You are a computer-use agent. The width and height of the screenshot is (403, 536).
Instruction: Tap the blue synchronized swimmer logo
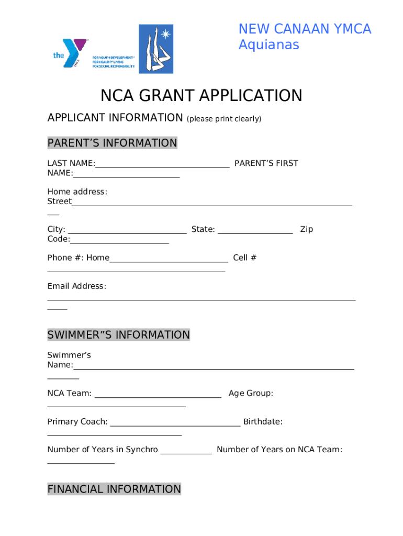[x=156, y=49]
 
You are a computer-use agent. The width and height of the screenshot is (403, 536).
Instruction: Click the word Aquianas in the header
[x=268, y=45]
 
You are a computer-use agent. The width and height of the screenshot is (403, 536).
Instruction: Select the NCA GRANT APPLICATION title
[x=201, y=96]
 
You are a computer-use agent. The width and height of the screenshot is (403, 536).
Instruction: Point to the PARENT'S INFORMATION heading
[x=113, y=143]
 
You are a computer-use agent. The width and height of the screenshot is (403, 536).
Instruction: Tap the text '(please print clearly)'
[x=224, y=119]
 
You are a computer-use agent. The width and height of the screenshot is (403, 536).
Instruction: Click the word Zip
[x=307, y=229]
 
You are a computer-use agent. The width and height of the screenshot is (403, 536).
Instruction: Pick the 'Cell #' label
[x=244, y=258]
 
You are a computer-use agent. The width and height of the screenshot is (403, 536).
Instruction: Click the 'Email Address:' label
[x=77, y=286]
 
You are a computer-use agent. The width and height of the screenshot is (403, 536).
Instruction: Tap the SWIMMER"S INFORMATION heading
[x=119, y=334]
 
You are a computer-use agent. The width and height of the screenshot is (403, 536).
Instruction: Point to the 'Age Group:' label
[x=251, y=393]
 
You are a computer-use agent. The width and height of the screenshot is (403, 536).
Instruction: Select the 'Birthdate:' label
[x=263, y=422]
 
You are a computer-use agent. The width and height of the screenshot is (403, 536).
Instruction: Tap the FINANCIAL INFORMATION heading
[x=114, y=489]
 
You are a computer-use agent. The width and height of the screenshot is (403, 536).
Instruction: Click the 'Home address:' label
[x=77, y=192]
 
